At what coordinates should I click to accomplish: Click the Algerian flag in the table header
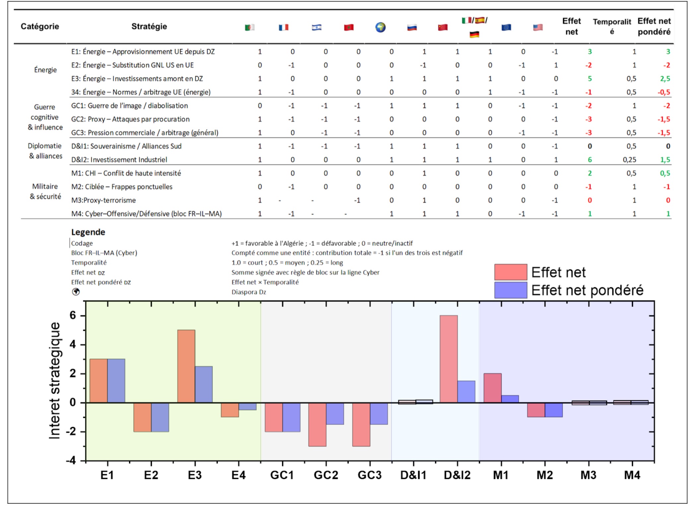[x=250, y=27]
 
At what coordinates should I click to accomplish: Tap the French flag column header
[x=284, y=27]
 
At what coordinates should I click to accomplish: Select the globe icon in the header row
[x=380, y=27]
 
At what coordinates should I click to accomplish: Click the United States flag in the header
[x=538, y=27]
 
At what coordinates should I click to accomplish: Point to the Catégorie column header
[x=40, y=26]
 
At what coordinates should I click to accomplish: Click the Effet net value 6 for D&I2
[x=590, y=160]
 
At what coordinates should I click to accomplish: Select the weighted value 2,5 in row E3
[x=665, y=79]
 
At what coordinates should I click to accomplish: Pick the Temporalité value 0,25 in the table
[x=629, y=160]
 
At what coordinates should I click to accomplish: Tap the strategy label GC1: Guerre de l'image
[x=129, y=106]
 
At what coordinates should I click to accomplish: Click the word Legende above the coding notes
[x=88, y=232]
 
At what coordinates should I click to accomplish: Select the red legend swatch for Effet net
[x=510, y=272]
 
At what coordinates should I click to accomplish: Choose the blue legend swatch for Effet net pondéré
[x=510, y=290]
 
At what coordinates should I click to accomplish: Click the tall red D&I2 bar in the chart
[x=449, y=359]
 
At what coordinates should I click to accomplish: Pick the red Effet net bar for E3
[x=186, y=366]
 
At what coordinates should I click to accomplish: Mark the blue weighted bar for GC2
[x=335, y=414]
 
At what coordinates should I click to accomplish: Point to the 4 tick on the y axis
[x=73, y=345]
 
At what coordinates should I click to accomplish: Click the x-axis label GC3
[x=369, y=475]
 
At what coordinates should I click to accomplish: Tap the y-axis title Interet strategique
[x=55, y=381]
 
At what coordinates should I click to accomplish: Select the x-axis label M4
[x=632, y=475]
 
